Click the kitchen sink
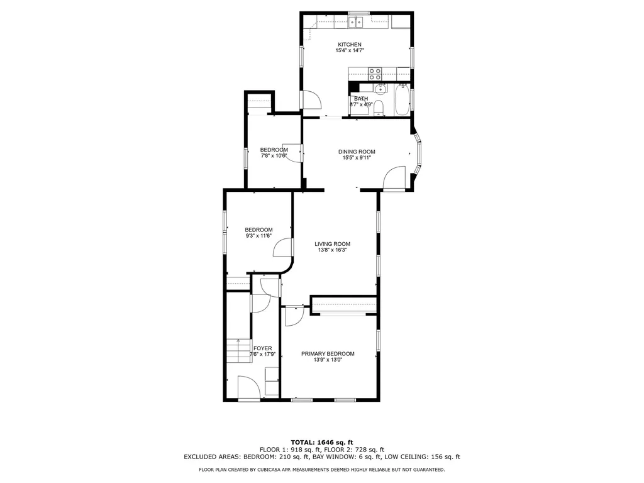[x=357, y=23]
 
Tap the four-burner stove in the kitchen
[x=375, y=74]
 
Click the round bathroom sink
[x=380, y=90]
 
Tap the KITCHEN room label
[x=350, y=44]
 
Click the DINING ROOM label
[x=357, y=152]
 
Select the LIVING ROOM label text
[x=332, y=244]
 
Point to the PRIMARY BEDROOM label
[x=327, y=353]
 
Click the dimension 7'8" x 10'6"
[x=274, y=156]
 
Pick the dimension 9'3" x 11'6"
[x=258, y=236]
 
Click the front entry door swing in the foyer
[x=248, y=387]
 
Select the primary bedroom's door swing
[x=293, y=316]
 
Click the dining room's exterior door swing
[x=394, y=177]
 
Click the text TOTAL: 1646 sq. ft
[x=321, y=441]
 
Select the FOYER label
[x=262, y=348]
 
